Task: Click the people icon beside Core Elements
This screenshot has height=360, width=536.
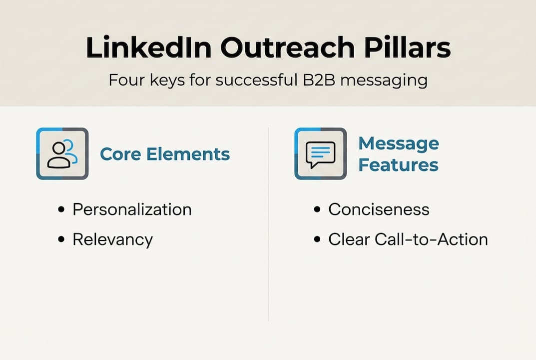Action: coord(62,153)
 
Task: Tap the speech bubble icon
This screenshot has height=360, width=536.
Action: coord(320,153)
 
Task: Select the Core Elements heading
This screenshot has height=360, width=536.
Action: coord(165,154)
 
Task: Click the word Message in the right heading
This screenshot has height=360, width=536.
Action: coord(399,143)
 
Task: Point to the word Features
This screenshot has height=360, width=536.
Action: coord(398,164)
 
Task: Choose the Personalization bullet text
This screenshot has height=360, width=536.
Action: coord(132,209)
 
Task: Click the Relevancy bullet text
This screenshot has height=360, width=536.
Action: coord(112,239)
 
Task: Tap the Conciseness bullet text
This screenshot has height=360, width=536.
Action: coord(379,209)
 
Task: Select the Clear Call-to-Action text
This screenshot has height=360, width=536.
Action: coord(408,239)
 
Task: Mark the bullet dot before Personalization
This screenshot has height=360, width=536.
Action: coord(61,209)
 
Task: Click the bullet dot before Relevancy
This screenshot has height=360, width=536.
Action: coord(61,240)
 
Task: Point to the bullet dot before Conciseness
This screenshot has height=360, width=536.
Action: coord(317,209)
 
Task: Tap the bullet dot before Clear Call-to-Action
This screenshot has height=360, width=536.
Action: coord(317,240)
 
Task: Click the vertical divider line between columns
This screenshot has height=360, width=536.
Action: coord(268,225)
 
